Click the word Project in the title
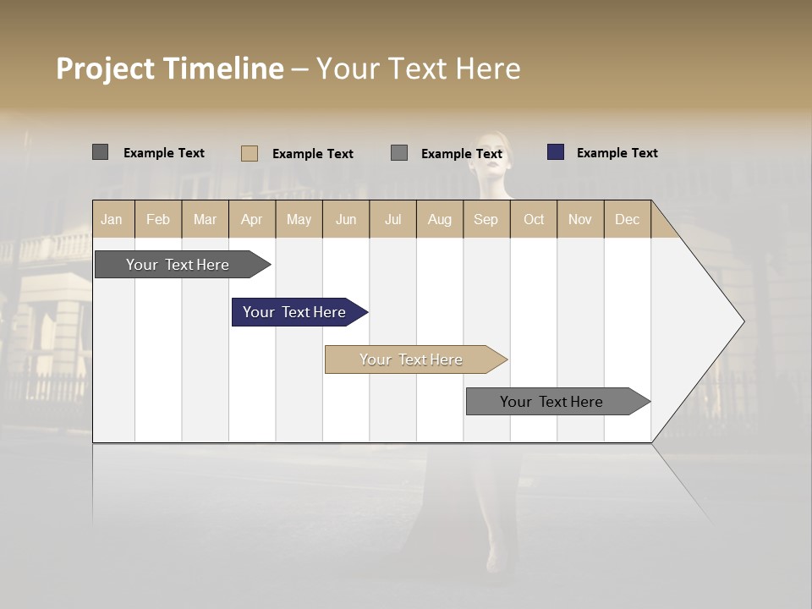pyautogui.click(x=107, y=69)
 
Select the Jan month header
pyautogui.click(x=112, y=219)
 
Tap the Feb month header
pyautogui.click(x=158, y=219)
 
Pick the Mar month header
pyautogui.click(x=205, y=219)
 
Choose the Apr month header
pyautogui.click(x=251, y=219)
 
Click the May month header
pyautogui.click(x=299, y=219)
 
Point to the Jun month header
pyautogui.click(x=346, y=219)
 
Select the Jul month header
pyautogui.click(x=392, y=219)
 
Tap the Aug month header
pyautogui.click(x=440, y=219)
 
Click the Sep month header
pyautogui.click(x=486, y=219)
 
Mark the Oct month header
pyautogui.click(x=534, y=219)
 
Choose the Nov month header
pyautogui.click(x=580, y=219)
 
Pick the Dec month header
pyautogui.click(x=627, y=219)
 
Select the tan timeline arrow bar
pyautogui.click(x=412, y=359)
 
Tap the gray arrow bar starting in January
pyautogui.click(x=178, y=265)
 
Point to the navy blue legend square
pyautogui.click(x=556, y=152)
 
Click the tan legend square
pyautogui.click(x=249, y=153)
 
